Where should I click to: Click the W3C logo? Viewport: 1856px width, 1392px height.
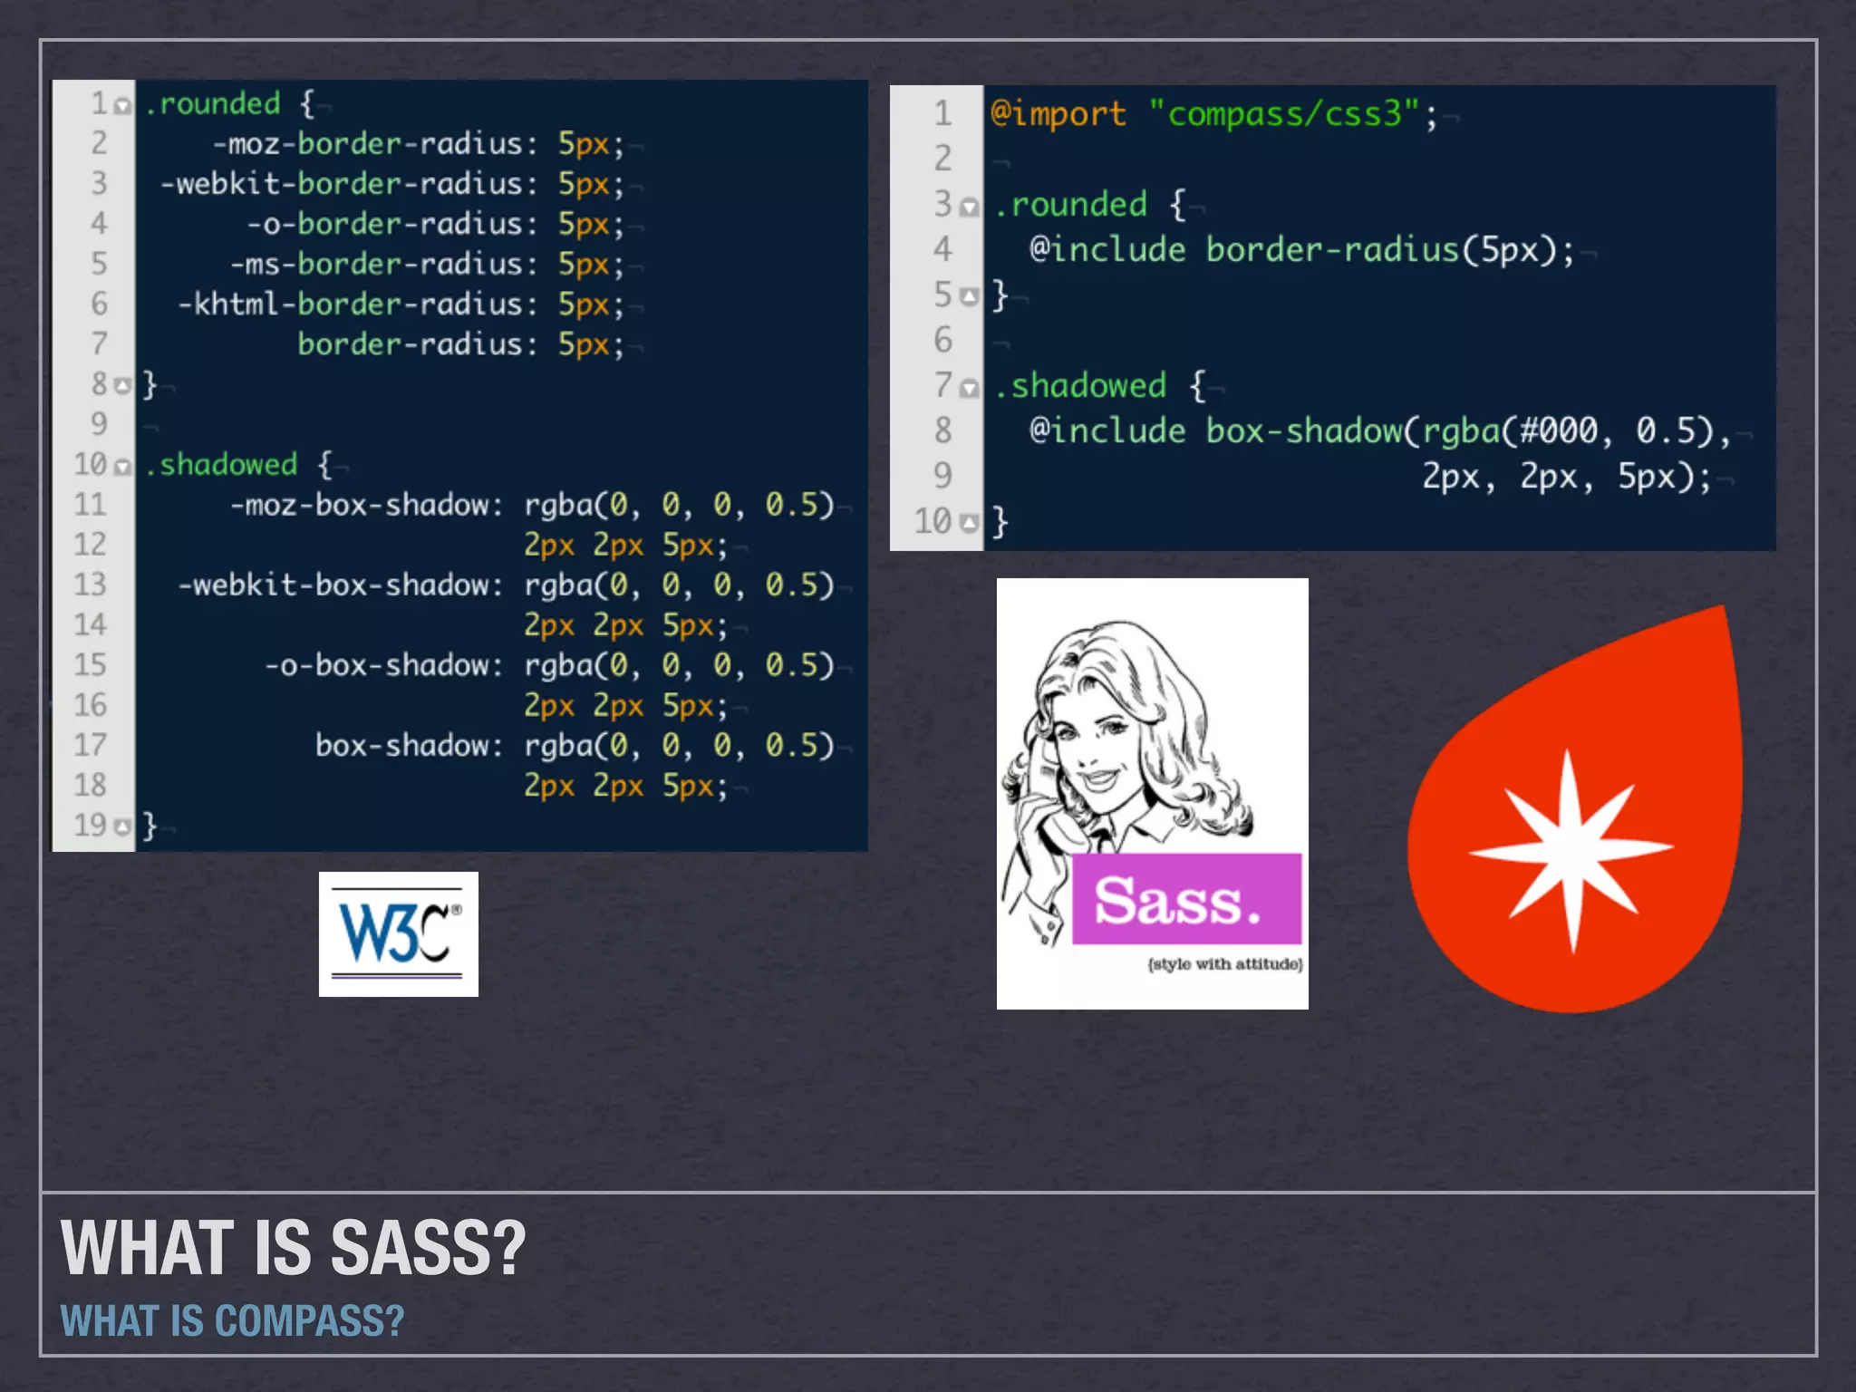(x=398, y=933)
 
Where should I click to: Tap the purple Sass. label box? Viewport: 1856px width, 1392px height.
(x=1185, y=899)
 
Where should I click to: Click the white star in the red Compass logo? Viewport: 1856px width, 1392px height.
(x=1571, y=849)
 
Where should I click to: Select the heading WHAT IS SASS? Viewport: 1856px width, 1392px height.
(x=293, y=1249)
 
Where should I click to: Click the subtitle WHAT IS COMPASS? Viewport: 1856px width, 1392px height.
(x=232, y=1321)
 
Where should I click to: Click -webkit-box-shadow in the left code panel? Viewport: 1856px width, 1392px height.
(x=340, y=585)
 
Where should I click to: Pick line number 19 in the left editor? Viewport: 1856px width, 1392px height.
(x=91, y=825)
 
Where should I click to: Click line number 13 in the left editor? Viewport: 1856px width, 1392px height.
(x=91, y=585)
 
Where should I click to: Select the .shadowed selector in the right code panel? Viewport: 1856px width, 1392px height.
(x=1079, y=386)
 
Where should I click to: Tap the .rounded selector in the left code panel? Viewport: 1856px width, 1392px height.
(x=213, y=104)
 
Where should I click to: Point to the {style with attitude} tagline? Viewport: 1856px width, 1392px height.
(x=1225, y=964)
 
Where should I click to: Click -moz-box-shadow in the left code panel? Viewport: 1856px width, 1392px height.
(x=366, y=505)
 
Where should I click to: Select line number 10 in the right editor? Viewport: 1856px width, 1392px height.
(x=933, y=522)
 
